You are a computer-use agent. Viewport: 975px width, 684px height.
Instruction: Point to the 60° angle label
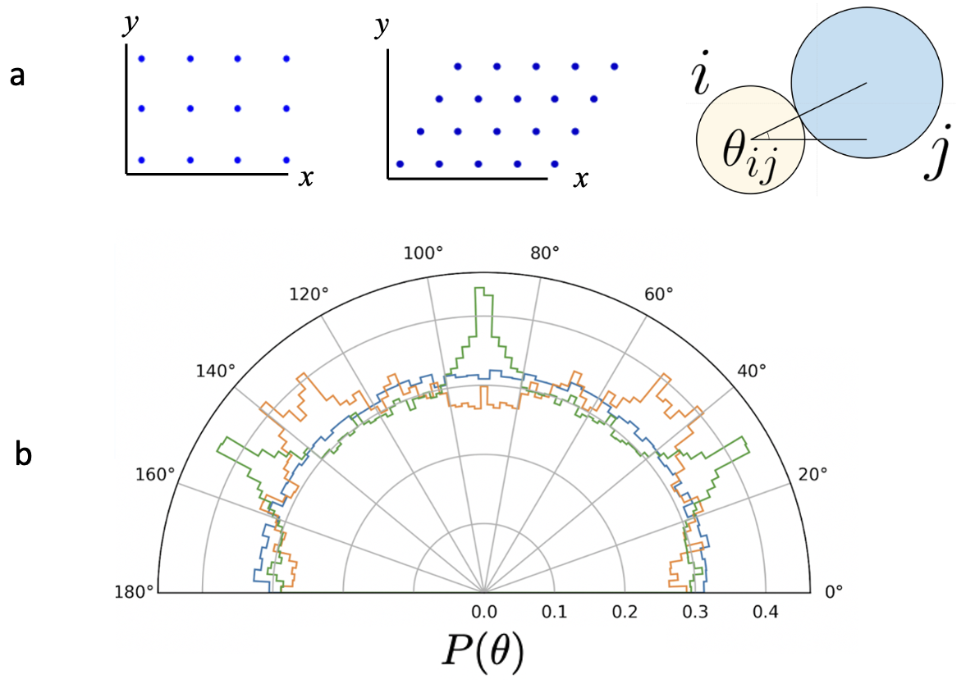658,293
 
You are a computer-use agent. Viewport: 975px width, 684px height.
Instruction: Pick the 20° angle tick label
812,474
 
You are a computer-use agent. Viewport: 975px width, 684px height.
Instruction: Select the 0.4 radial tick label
765,612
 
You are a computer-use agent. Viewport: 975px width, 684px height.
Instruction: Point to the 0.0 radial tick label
483,612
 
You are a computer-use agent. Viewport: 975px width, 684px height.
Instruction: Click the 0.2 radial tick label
625,612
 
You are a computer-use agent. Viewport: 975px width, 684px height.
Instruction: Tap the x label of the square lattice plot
305,178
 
